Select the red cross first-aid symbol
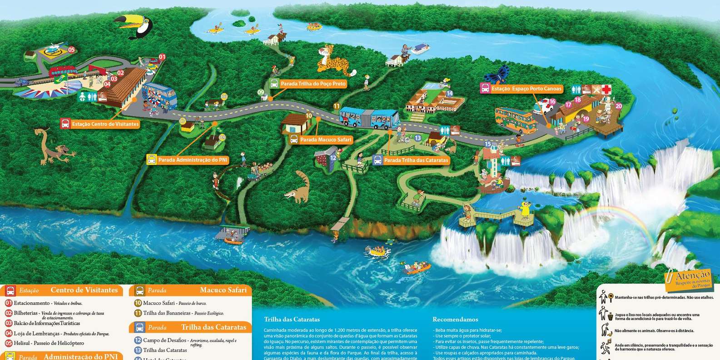coord(606,89)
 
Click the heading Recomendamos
coord(455,320)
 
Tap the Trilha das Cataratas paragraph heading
coord(292,320)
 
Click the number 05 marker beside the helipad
coord(71,49)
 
